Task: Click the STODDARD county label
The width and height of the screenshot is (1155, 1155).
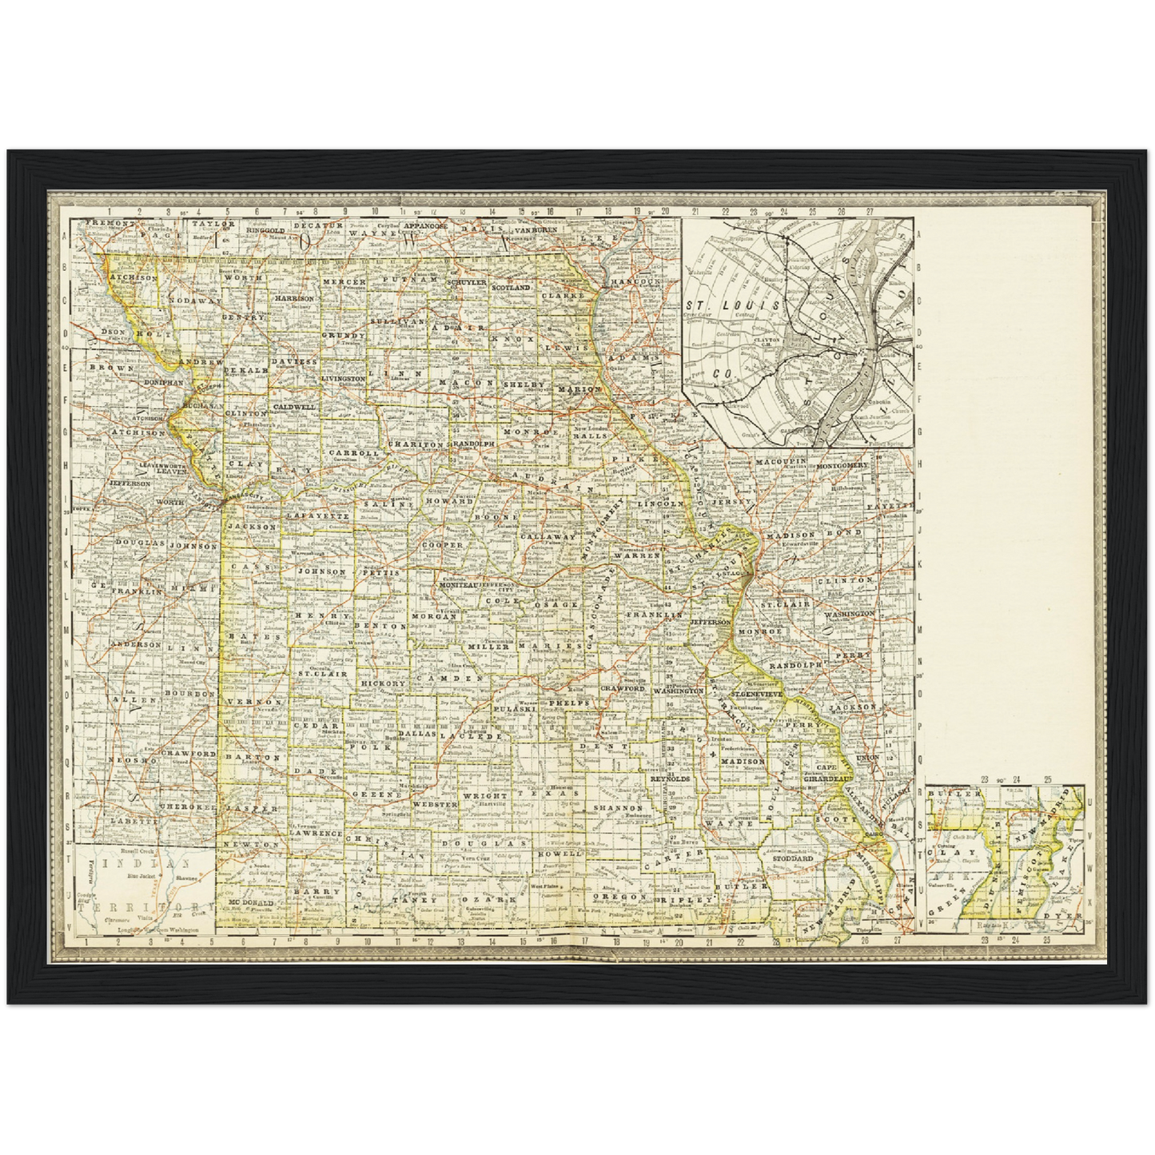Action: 792,858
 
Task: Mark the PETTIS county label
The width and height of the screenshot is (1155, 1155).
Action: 379,573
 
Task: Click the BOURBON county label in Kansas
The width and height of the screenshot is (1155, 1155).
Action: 189,694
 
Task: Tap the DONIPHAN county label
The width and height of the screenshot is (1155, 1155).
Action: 164,383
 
